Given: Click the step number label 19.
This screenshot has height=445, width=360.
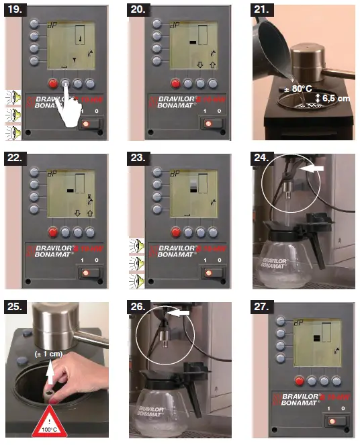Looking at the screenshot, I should click(x=16, y=11).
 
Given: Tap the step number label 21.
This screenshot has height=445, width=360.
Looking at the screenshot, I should click(x=264, y=11).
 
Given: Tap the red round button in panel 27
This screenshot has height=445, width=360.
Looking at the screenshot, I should click(x=300, y=381).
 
